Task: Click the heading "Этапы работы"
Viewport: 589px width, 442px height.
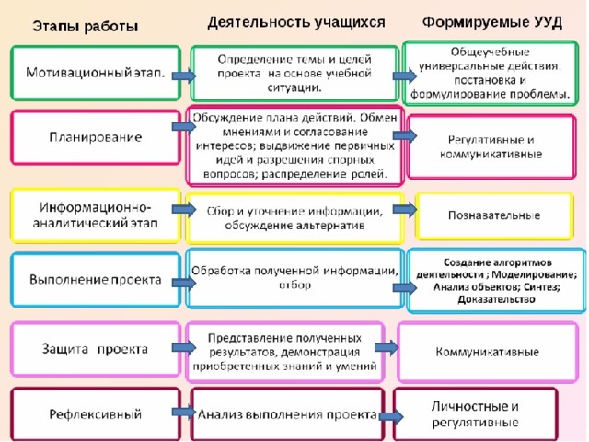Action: click(x=86, y=27)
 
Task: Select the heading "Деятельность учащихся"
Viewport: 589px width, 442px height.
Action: click(x=296, y=22)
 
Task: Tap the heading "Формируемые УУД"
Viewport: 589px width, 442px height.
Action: click(x=492, y=22)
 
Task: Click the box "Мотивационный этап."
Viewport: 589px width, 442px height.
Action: click(x=96, y=73)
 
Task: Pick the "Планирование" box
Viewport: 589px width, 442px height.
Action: click(x=96, y=137)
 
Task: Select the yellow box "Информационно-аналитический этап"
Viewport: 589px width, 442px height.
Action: click(x=96, y=215)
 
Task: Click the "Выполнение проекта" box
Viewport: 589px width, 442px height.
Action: click(x=96, y=280)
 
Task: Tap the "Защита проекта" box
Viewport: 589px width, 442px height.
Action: click(x=96, y=349)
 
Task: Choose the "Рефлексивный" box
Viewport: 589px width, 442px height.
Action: click(x=96, y=414)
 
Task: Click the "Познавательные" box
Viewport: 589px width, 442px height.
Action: click(x=494, y=215)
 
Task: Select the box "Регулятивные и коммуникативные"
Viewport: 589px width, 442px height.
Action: click(x=491, y=147)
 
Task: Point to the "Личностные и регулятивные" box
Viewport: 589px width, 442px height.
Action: click(x=475, y=414)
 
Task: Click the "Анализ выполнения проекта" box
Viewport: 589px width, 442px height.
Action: click(x=287, y=414)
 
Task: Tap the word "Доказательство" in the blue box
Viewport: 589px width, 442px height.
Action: click(x=496, y=299)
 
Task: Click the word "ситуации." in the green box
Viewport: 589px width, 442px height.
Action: click(x=294, y=88)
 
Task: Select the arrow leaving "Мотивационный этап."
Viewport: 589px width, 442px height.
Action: click(x=184, y=76)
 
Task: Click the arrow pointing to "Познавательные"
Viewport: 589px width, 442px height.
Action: click(x=405, y=209)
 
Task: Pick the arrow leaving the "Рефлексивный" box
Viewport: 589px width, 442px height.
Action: click(x=184, y=413)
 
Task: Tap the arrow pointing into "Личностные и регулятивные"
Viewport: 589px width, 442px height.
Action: click(x=391, y=416)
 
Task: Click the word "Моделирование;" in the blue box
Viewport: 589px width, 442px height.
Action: click(x=534, y=274)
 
